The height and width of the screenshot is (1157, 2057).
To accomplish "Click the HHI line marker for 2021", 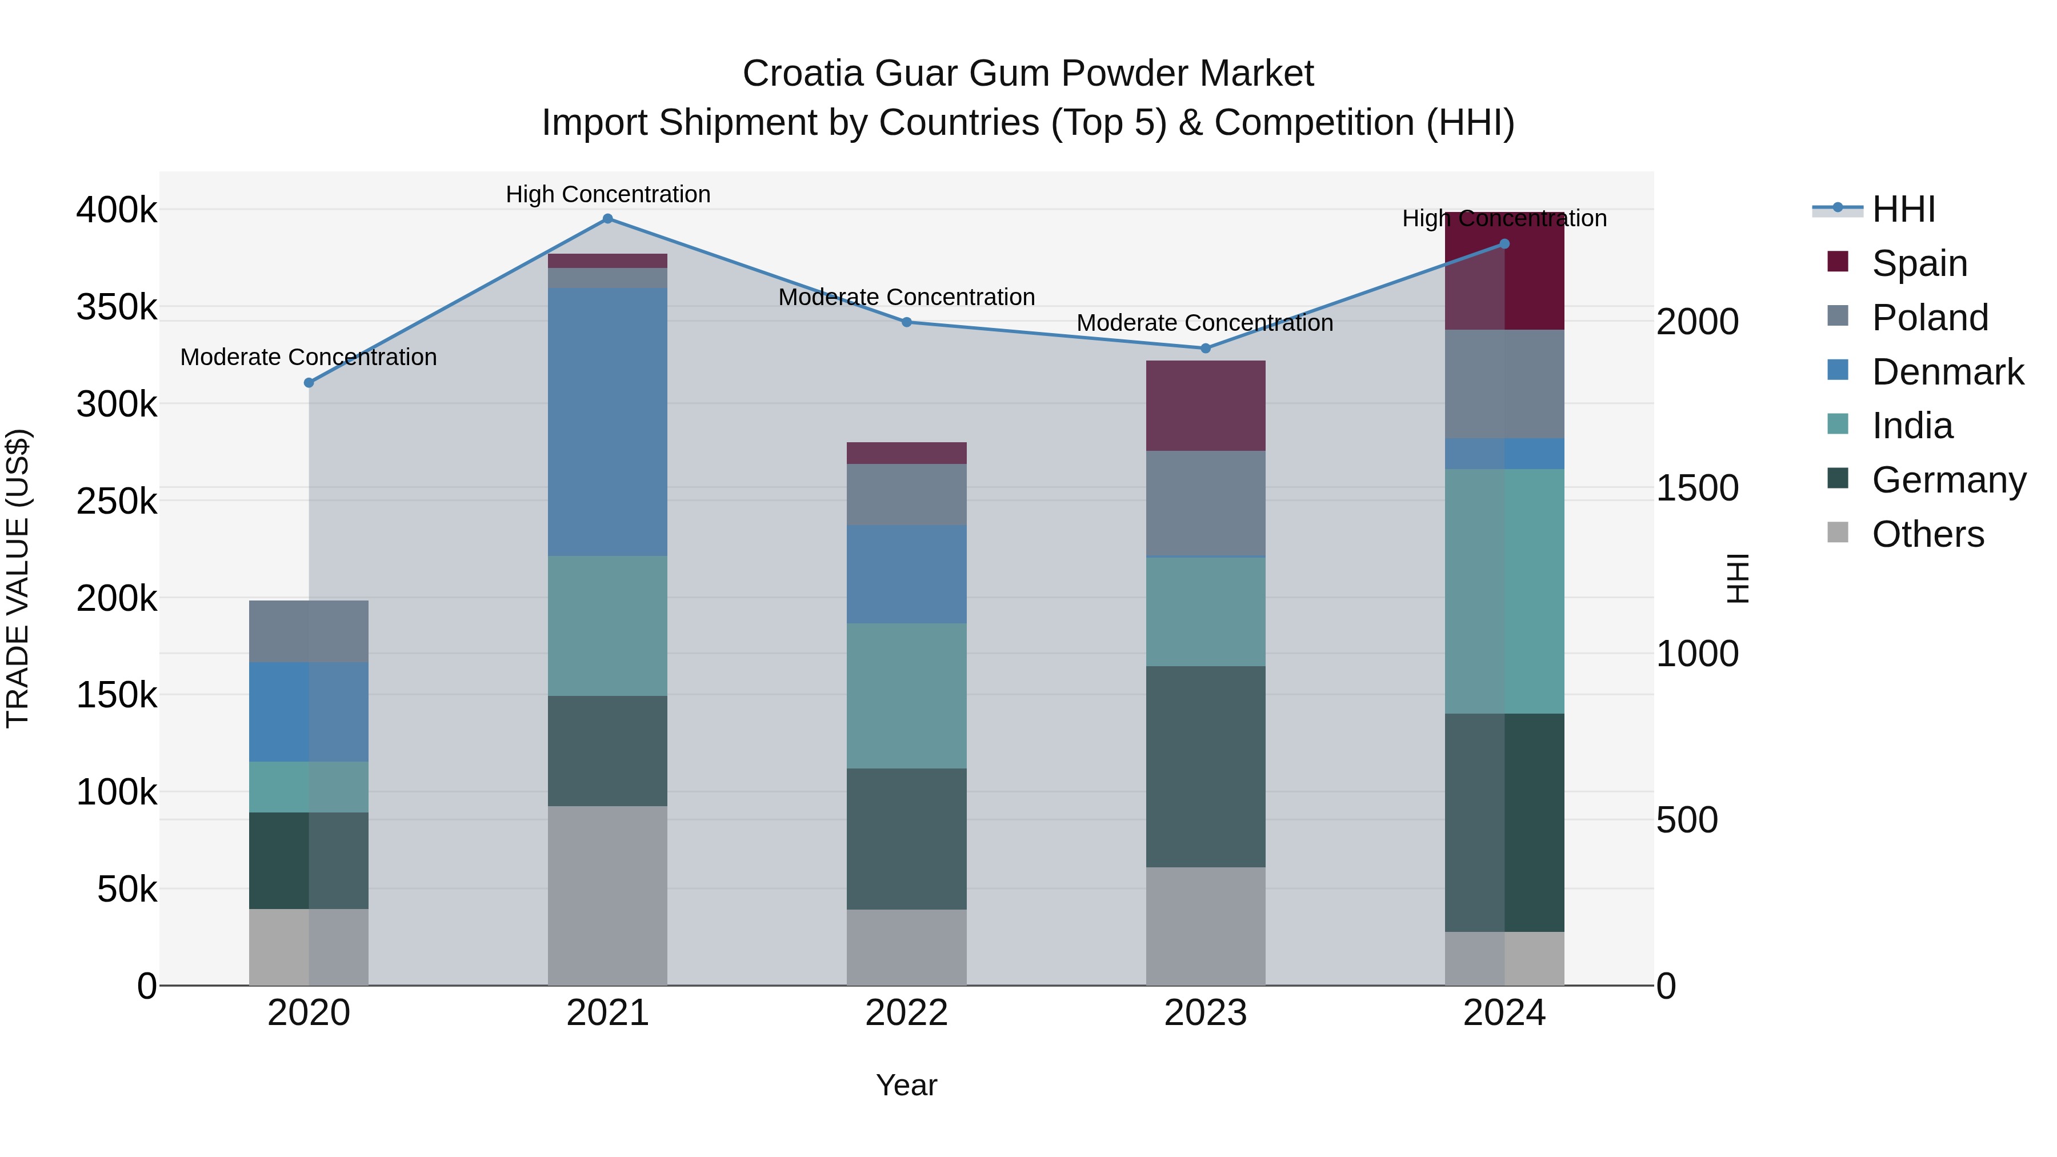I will pos(608,219).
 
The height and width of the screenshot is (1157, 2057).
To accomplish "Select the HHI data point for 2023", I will pos(1206,348).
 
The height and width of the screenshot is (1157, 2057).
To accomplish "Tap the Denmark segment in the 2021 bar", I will pos(608,422).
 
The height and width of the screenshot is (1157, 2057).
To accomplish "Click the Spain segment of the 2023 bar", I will pos(1206,406).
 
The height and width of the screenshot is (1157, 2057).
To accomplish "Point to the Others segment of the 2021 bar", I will pos(608,895).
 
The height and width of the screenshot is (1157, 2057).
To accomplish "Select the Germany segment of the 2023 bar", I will pos(1206,767).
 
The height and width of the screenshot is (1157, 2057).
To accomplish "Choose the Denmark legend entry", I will pos(1947,372).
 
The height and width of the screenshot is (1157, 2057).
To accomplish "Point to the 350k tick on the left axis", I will pos(117,307).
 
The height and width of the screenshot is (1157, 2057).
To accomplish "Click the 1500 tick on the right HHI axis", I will pos(1697,488).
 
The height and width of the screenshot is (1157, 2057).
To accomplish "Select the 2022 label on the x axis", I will pos(906,1013).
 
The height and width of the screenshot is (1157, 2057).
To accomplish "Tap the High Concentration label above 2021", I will pos(608,194).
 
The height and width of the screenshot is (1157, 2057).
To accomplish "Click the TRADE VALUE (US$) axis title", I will pos(18,578).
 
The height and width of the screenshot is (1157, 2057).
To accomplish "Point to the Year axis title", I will pos(906,1085).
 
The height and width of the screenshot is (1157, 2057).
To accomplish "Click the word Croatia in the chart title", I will pos(803,74).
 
